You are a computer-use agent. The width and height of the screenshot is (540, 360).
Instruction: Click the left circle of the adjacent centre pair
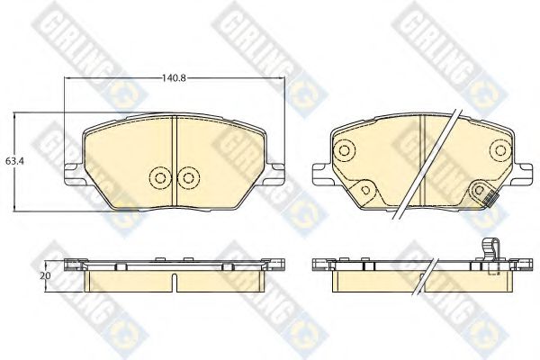point(160,177)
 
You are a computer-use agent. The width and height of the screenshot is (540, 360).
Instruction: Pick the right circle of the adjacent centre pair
point(188,177)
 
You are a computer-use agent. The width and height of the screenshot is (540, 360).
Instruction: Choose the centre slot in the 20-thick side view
point(175,281)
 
